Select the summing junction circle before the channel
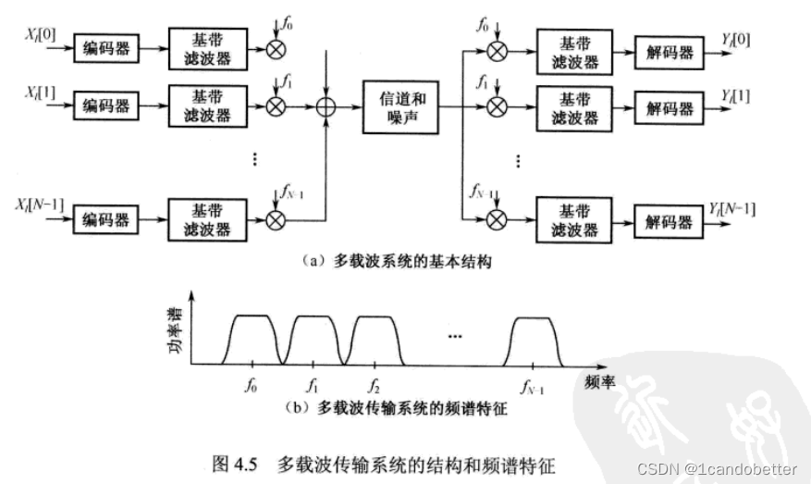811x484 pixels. point(325,107)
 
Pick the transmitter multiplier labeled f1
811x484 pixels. point(276,107)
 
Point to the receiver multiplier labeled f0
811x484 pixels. point(498,51)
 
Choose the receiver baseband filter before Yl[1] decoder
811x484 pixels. point(573,107)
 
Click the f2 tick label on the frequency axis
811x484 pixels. point(373,382)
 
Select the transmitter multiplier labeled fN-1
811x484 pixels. point(276,220)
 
